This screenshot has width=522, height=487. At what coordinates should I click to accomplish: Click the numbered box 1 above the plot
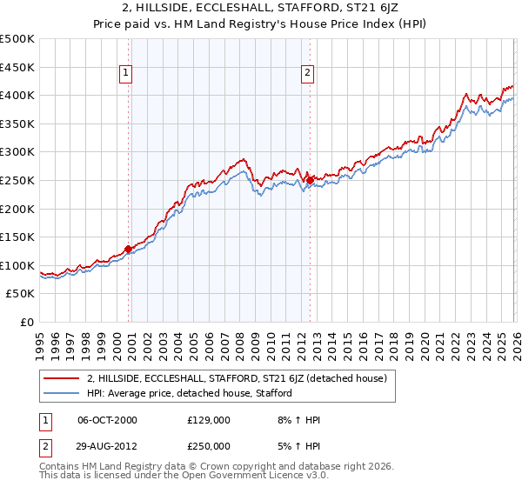(x=127, y=74)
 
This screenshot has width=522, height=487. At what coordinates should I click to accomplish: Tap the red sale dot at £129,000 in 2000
(x=129, y=249)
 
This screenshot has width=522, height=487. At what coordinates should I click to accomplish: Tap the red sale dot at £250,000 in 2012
(x=310, y=180)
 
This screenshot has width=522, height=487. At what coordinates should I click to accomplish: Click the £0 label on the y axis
(x=28, y=322)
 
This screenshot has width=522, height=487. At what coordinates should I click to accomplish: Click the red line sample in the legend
(x=62, y=378)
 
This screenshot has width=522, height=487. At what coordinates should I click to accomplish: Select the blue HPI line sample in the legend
(x=62, y=393)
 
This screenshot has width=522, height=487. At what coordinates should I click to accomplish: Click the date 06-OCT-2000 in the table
(x=107, y=420)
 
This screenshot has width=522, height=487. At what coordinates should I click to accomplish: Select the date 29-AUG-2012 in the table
(x=107, y=445)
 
